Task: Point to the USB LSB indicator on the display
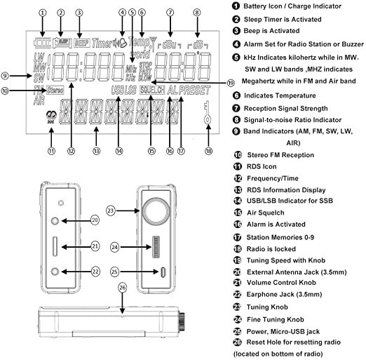[x=123, y=91]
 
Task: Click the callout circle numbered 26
[x=123, y=286]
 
